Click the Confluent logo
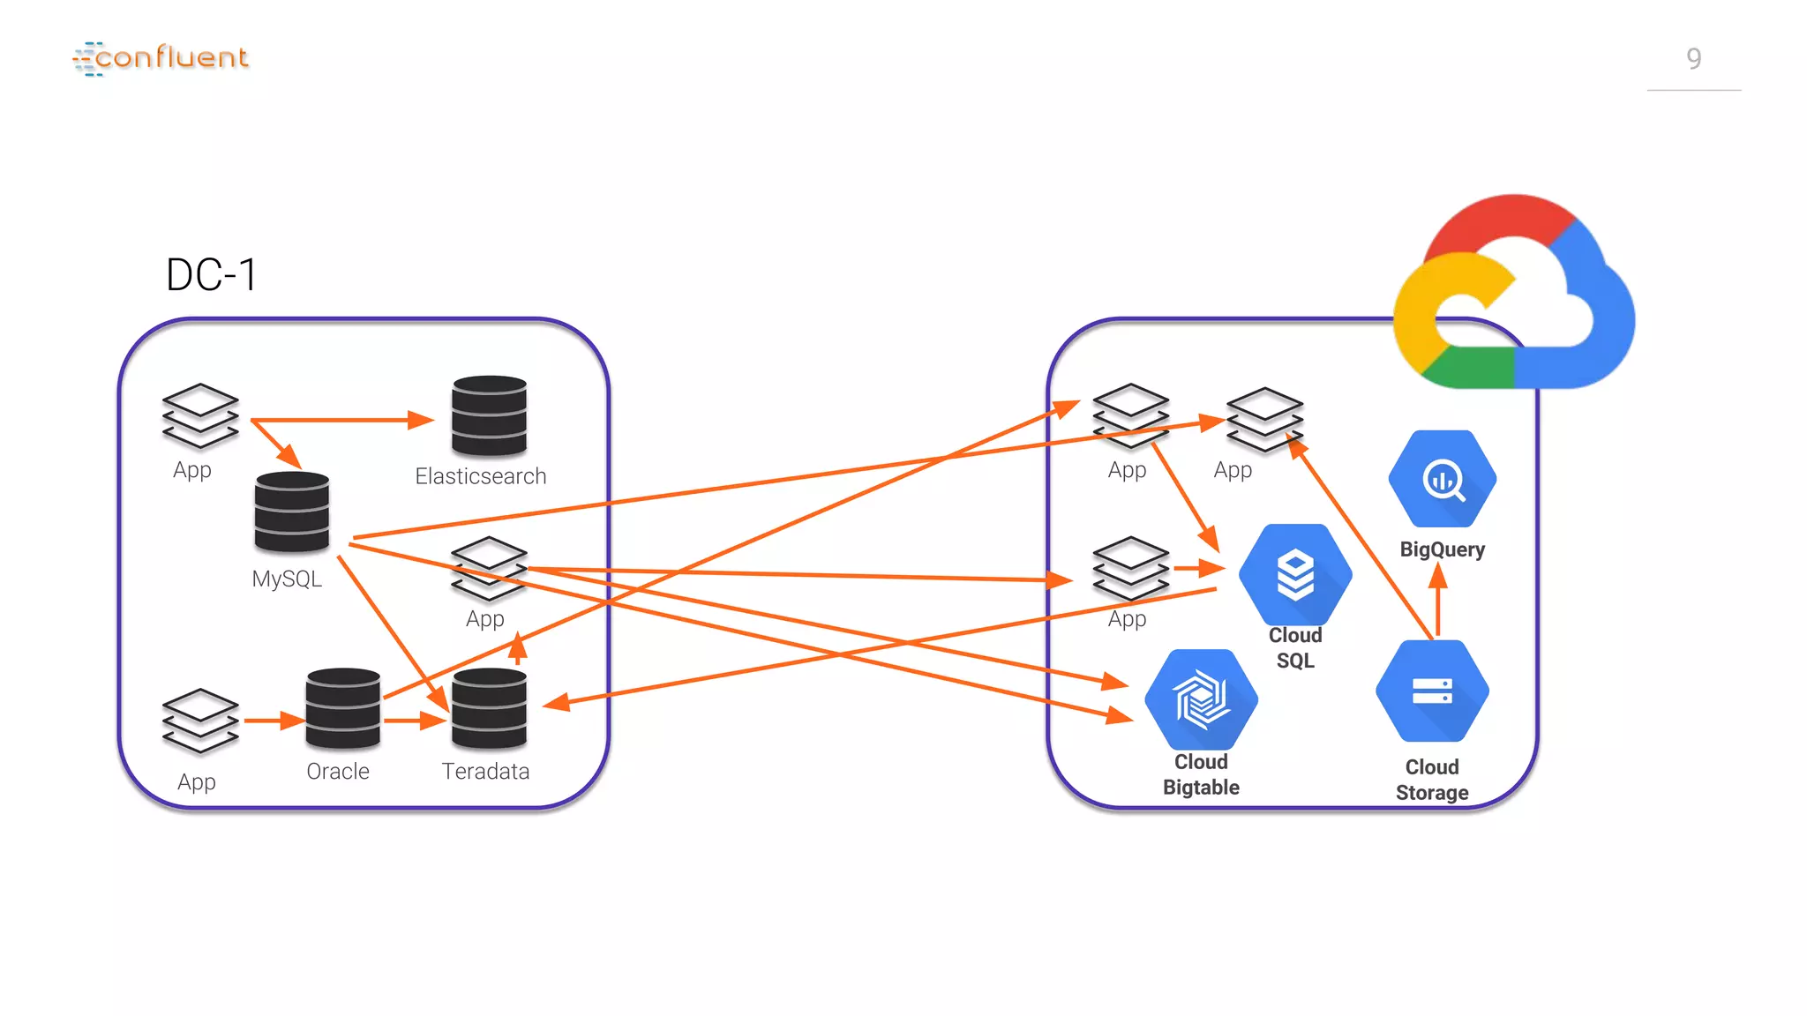tap(161, 58)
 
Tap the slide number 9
tap(1693, 59)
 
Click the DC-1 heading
tap(211, 275)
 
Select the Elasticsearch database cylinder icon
tap(489, 415)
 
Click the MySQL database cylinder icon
tap(292, 512)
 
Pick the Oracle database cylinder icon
tap(343, 709)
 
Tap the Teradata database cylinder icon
tap(489, 709)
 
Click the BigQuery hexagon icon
tap(1442, 479)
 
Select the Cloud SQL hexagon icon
tap(1294, 575)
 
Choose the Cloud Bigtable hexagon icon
tap(1201, 700)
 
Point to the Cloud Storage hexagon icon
tap(1432, 691)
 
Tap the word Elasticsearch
tap(481, 476)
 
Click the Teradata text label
tap(485, 772)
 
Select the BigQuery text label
tap(1442, 549)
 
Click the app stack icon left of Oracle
tap(200, 720)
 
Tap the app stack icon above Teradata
tap(488, 569)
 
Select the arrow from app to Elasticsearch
tap(344, 421)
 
